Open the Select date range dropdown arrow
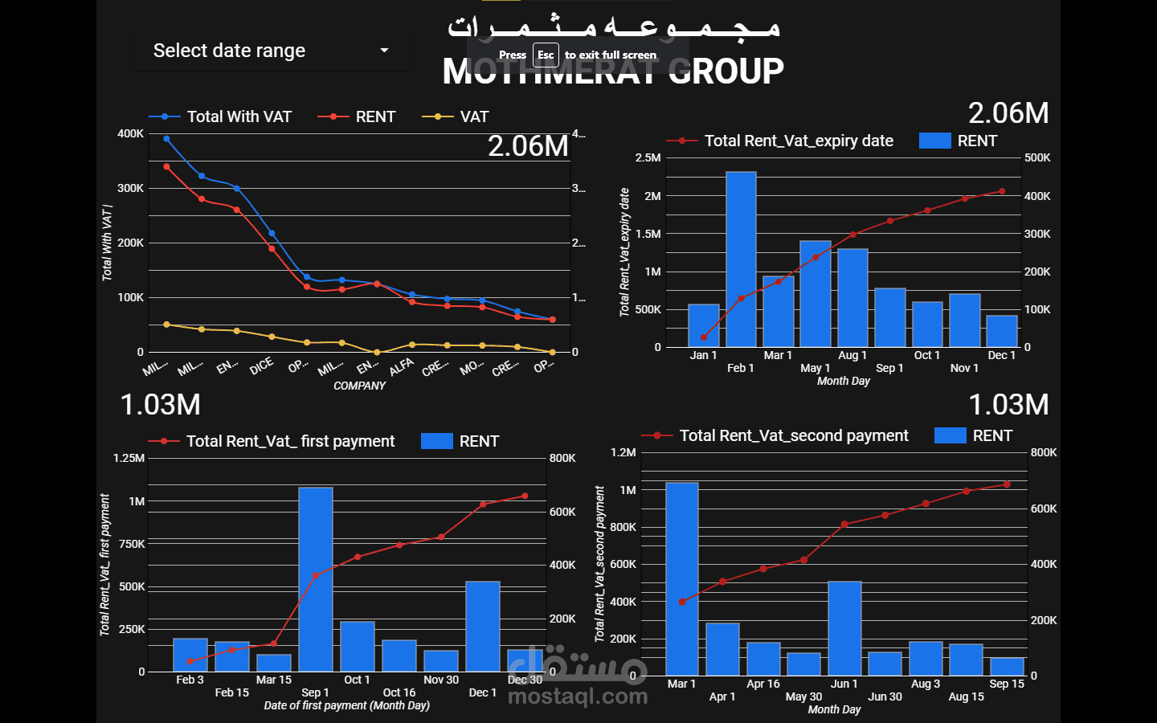pyautogui.click(x=384, y=51)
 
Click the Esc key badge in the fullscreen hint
pyautogui.click(x=546, y=55)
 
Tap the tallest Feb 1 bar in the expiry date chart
pyautogui.click(x=741, y=259)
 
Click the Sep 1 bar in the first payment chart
pyautogui.click(x=316, y=578)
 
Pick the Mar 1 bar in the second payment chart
pyautogui.click(x=682, y=578)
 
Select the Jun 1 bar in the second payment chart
pyautogui.click(x=844, y=627)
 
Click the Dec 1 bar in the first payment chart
pyautogui.click(x=483, y=626)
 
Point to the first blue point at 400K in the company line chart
pyautogui.click(x=166, y=139)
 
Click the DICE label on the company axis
pyautogui.click(x=262, y=366)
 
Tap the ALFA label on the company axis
pyautogui.click(x=401, y=367)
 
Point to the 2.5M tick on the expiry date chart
pyautogui.click(x=648, y=157)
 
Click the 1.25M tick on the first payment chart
pyautogui.click(x=129, y=458)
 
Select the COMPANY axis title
pyautogui.click(x=359, y=386)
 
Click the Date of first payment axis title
pyautogui.click(x=346, y=705)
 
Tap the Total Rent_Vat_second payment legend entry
pyautogui.click(x=793, y=435)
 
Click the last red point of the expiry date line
pyautogui.click(x=1002, y=191)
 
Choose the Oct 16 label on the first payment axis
pyautogui.click(x=399, y=692)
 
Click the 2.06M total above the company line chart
pyautogui.click(x=528, y=146)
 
